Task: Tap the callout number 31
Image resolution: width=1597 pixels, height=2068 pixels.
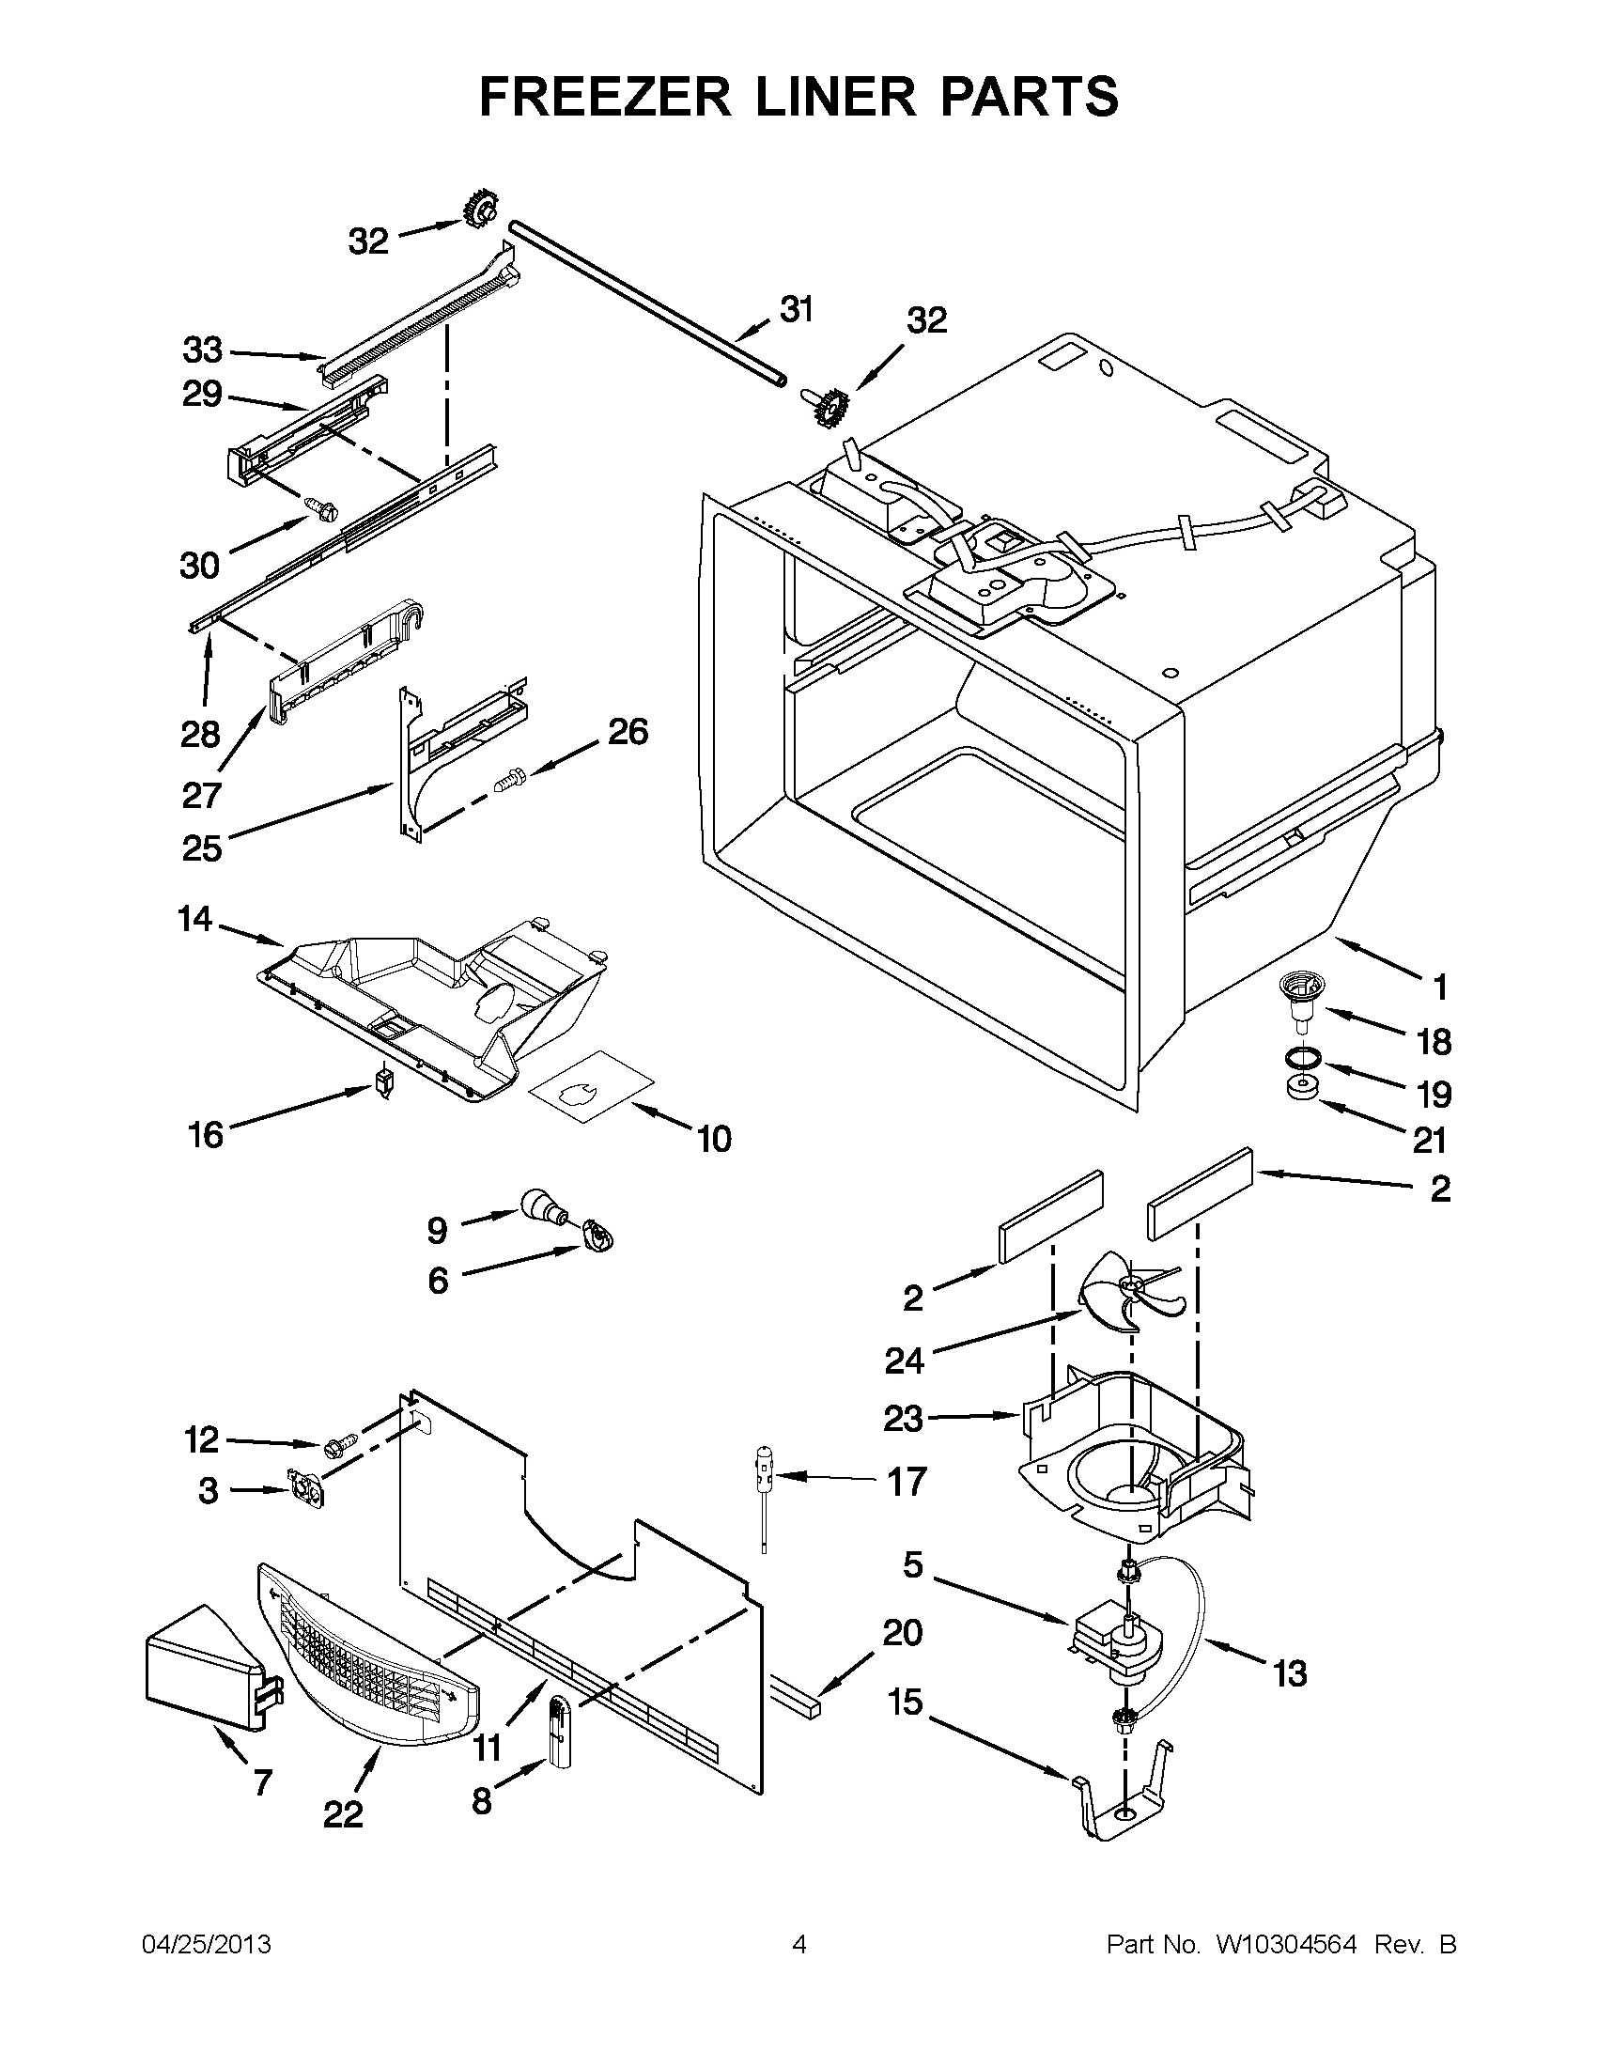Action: click(x=796, y=309)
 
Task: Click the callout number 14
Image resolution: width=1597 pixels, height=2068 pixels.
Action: click(x=195, y=919)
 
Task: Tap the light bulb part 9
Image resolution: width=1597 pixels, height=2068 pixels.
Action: click(x=539, y=1206)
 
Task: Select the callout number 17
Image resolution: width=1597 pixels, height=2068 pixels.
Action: click(x=906, y=1482)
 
